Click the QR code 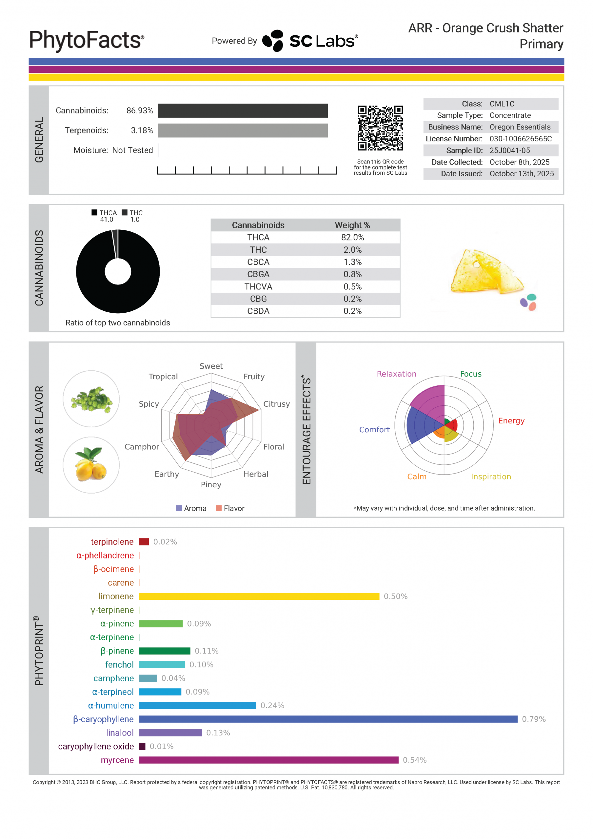(x=380, y=128)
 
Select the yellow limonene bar (x=259, y=596)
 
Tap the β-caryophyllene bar (x=328, y=719)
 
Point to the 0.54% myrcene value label (x=415, y=760)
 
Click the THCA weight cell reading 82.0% (x=352, y=238)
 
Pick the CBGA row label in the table (x=258, y=274)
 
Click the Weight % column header (x=352, y=225)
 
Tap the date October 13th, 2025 (x=522, y=174)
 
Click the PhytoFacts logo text (x=86, y=40)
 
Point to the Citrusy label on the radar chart (x=276, y=404)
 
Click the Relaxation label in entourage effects (x=396, y=374)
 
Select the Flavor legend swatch (x=219, y=508)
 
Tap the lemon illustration (x=91, y=465)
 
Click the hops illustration (x=91, y=399)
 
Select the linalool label (x=120, y=733)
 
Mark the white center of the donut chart (x=118, y=271)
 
